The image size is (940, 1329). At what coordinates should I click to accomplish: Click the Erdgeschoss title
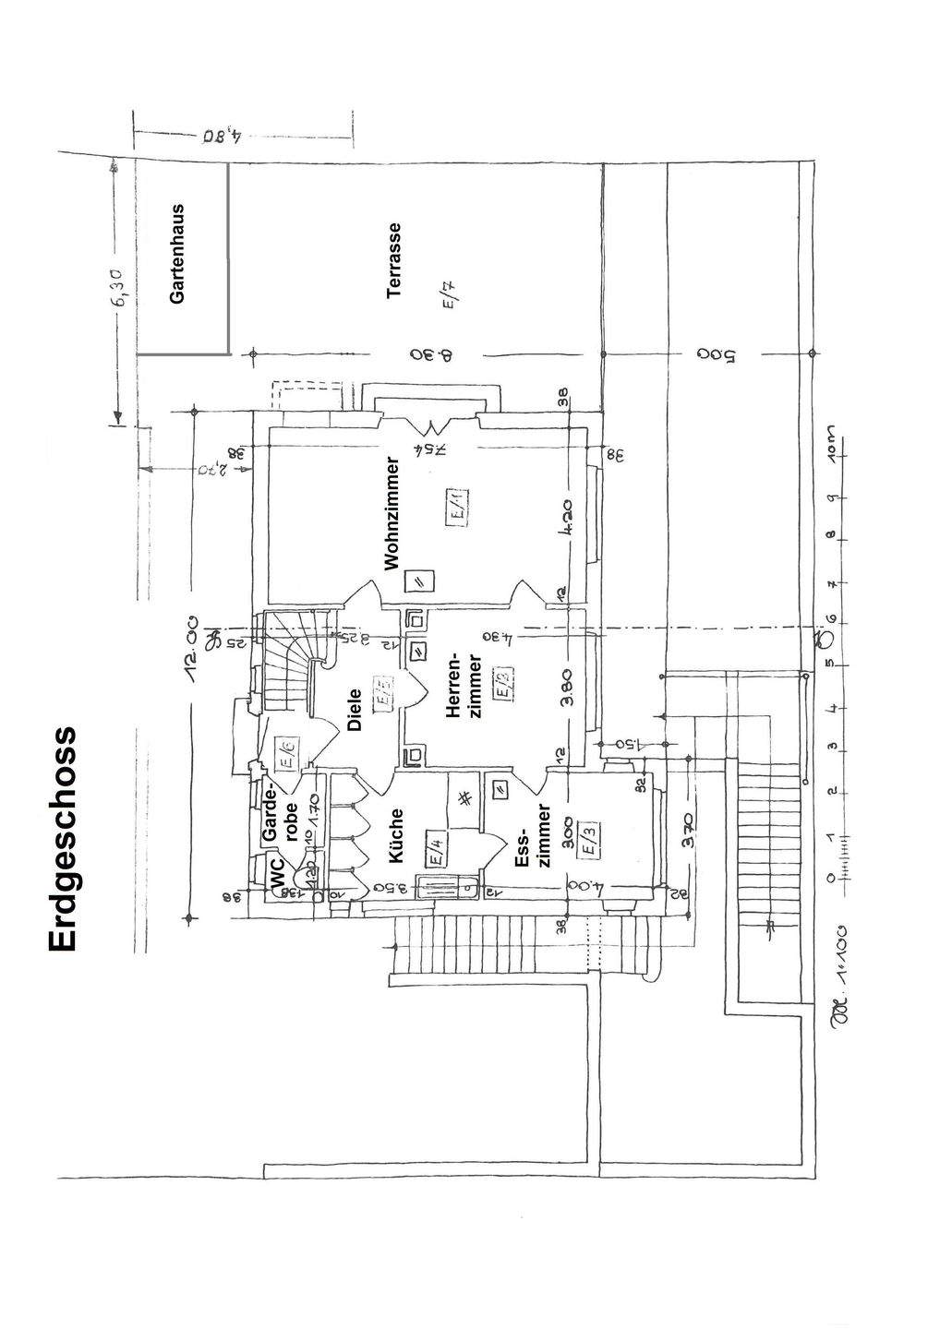click(x=63, y=839)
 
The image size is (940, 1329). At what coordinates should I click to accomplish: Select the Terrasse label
click(x=395, y=259)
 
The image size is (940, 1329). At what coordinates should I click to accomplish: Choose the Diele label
click(x=355, y=712)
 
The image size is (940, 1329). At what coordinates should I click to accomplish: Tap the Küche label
click(x=397, y=836)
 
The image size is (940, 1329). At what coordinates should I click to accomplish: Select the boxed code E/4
click(x=438, y=846)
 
